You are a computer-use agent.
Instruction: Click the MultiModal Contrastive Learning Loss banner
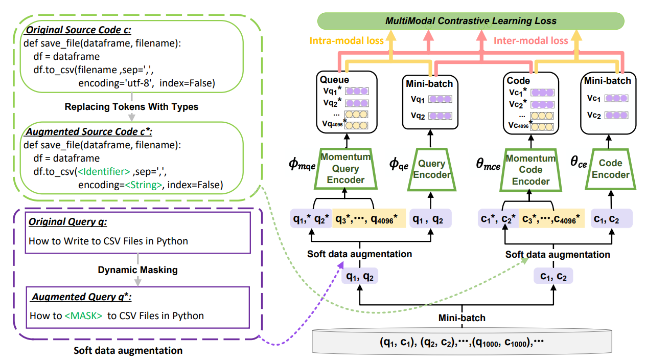[471, 21]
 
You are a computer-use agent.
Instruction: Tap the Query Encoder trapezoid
[432, 169]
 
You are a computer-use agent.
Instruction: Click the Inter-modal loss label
[531, 40]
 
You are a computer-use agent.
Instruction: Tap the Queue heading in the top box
[334, 80]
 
